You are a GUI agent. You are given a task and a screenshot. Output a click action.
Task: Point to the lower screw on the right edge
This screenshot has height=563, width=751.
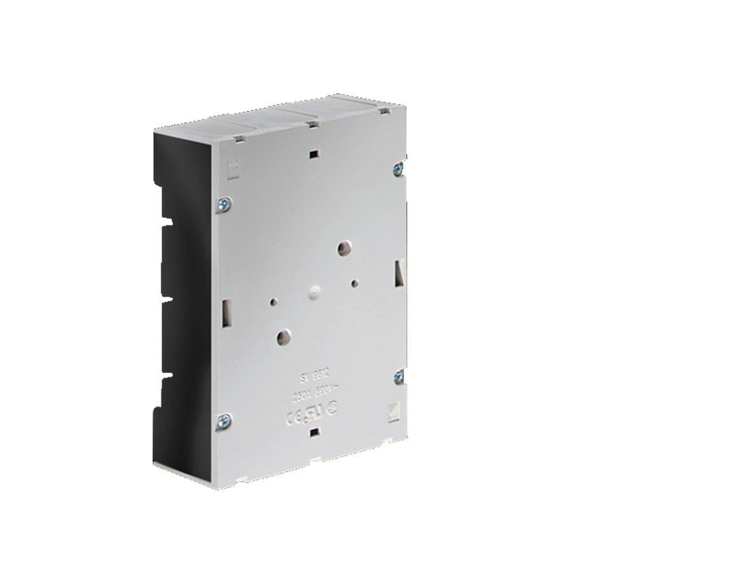point(398,376)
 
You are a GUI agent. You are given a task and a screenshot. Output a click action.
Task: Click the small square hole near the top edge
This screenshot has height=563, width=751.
point(312,154)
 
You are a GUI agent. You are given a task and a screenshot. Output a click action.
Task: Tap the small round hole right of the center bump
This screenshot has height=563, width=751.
point(355,280)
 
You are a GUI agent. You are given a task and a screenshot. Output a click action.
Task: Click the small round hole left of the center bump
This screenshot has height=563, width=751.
point(274,301)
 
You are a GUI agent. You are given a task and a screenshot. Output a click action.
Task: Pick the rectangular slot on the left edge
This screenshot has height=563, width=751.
point(226,312)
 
